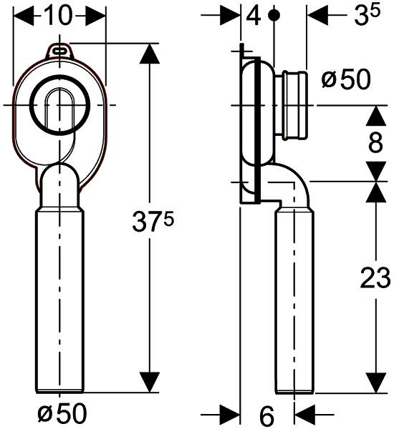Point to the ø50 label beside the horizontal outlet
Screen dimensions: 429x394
click(x=346, y=79)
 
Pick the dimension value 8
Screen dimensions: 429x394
click(x=374, y=143)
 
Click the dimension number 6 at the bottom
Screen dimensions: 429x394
click(x=266, y=413)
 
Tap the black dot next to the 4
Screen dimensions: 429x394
click(x=274, y=15)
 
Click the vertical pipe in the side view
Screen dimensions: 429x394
click(x=294, y=300)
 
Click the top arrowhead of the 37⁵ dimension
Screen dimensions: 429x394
click(x=148, y=53)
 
